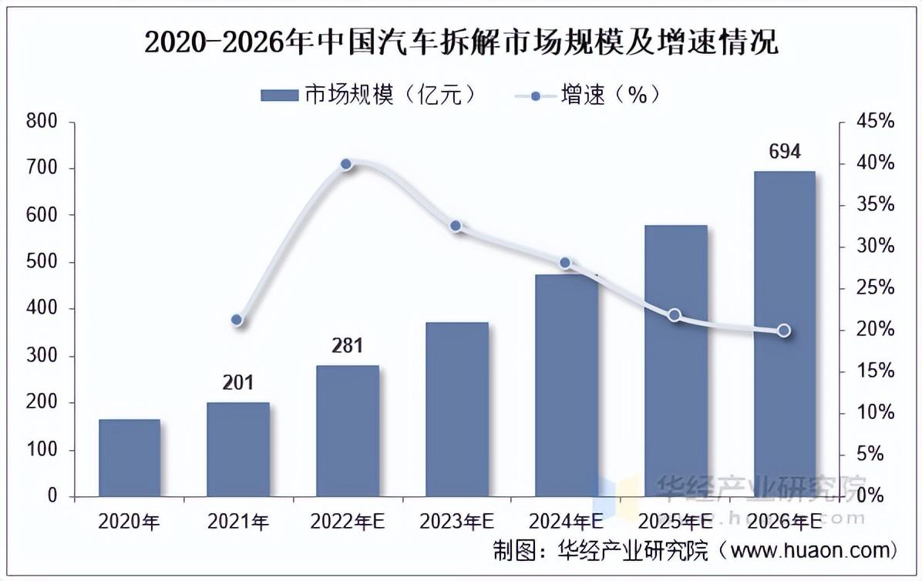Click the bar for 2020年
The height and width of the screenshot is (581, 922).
(130, 458)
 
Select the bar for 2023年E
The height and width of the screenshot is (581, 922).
(457, 409)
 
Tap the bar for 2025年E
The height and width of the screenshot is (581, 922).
(675, 361)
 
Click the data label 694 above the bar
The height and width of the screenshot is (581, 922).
(785, 151)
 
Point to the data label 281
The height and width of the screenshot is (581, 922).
(347, 346)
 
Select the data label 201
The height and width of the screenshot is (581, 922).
(237, 383)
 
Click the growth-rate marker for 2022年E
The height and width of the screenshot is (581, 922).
(346, 164)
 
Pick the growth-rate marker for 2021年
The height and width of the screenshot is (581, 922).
(237, 320)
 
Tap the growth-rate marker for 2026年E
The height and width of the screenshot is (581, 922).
(784, 331)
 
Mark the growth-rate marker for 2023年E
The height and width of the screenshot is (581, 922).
(456, 226)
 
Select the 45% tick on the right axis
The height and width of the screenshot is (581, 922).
(876, 122)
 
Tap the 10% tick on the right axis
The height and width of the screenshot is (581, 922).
(876, 413)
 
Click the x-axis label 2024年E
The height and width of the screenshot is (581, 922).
(566, 522)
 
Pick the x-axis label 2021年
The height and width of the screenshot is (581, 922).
(237, 522)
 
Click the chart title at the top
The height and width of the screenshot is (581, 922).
(461, 42)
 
